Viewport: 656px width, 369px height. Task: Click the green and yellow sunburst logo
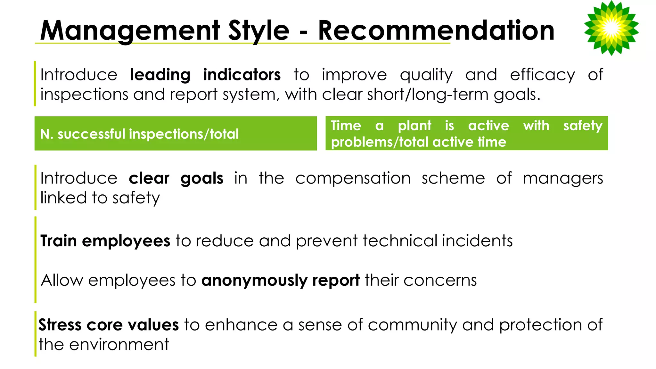coord(611,28)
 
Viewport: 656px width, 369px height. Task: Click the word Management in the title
coord(130,31)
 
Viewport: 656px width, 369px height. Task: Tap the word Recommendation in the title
coord(436,31)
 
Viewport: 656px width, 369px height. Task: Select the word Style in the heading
coord(258,31)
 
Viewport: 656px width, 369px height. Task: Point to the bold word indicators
coord(242,75)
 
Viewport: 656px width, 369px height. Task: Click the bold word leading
coord(160,75)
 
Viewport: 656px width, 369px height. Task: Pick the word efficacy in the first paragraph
coord(542,75)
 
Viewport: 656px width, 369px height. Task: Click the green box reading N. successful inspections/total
coord(176,134)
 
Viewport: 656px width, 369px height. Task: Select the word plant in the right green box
coord(414,126)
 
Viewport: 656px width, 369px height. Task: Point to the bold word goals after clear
coord(202,178)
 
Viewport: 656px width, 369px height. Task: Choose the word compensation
coord(353,178)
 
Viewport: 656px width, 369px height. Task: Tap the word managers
coord(563,178)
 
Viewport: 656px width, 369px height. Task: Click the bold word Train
coord(59,241)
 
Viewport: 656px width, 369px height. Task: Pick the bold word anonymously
coord(254,281)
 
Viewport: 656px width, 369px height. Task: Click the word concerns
coord(440,281)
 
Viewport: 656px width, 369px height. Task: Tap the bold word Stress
coord(60,325)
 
